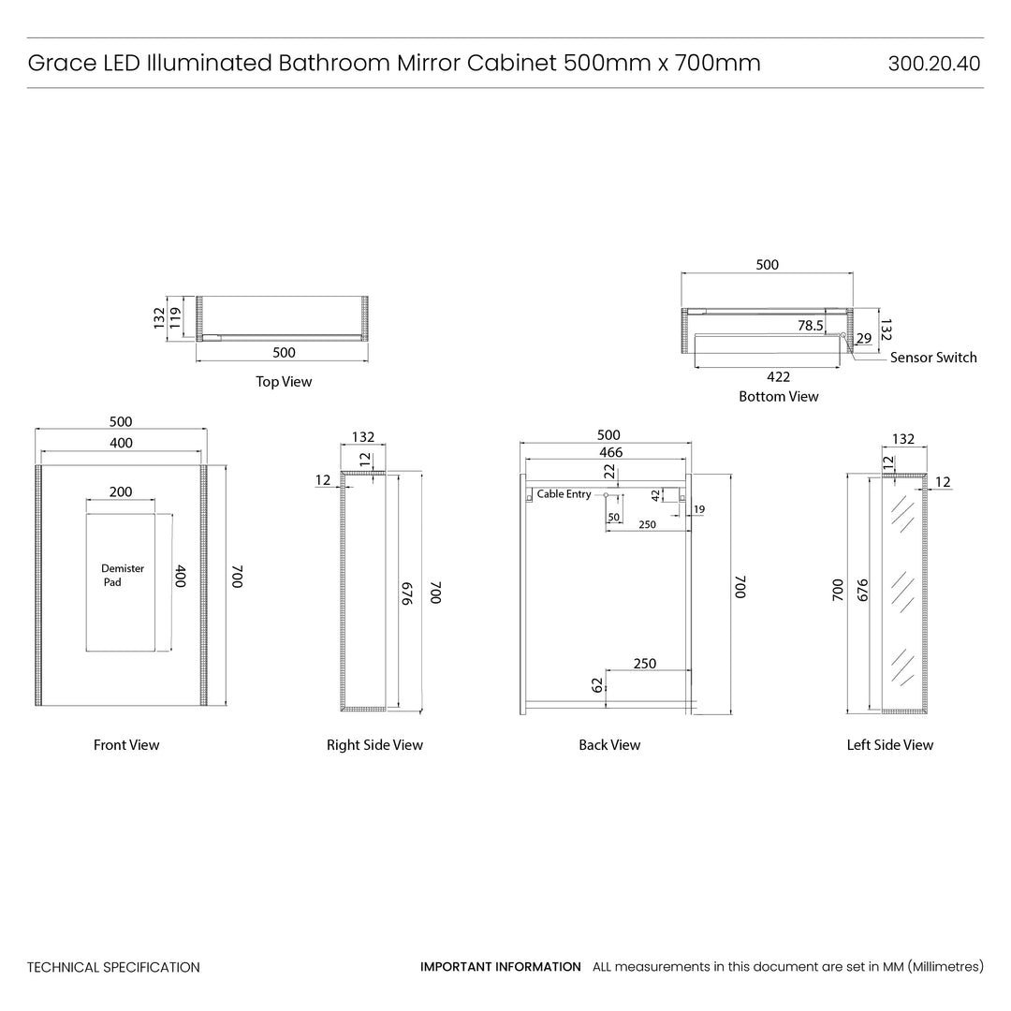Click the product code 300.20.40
(x=933, y=64)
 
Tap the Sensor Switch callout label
(x=932, y=358)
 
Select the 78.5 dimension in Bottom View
(x=810, y=326)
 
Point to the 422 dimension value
(x=778, y=376)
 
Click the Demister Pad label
(x=122, y=575)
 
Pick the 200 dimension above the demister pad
(x=121, y=491)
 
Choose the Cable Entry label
(x=564, y=494)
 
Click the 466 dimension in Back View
(x=610, y=452)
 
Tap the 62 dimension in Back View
(x=597, y=685)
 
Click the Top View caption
(x=284, y=382)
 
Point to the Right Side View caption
(x=374, y=745)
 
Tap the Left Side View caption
(x=889, y=745)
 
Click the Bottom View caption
(x=778, y=397)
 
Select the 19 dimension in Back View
(x=699, y=509)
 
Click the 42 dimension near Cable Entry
(x=655, y=496)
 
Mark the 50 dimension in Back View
(x=614, y=517)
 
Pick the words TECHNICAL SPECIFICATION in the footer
(x=113, y=967)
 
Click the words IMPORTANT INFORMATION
(x=500, y=967)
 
